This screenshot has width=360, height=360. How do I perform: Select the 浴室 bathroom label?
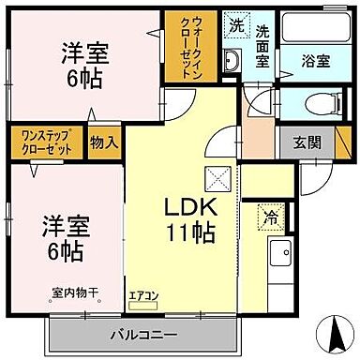point(314,61)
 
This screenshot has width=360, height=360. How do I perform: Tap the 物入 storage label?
point(104,142)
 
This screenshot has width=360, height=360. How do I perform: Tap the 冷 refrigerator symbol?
point(271,217)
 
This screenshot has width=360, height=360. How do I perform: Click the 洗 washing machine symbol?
point(235,27)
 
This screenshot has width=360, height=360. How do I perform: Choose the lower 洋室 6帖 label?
point(64,238)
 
